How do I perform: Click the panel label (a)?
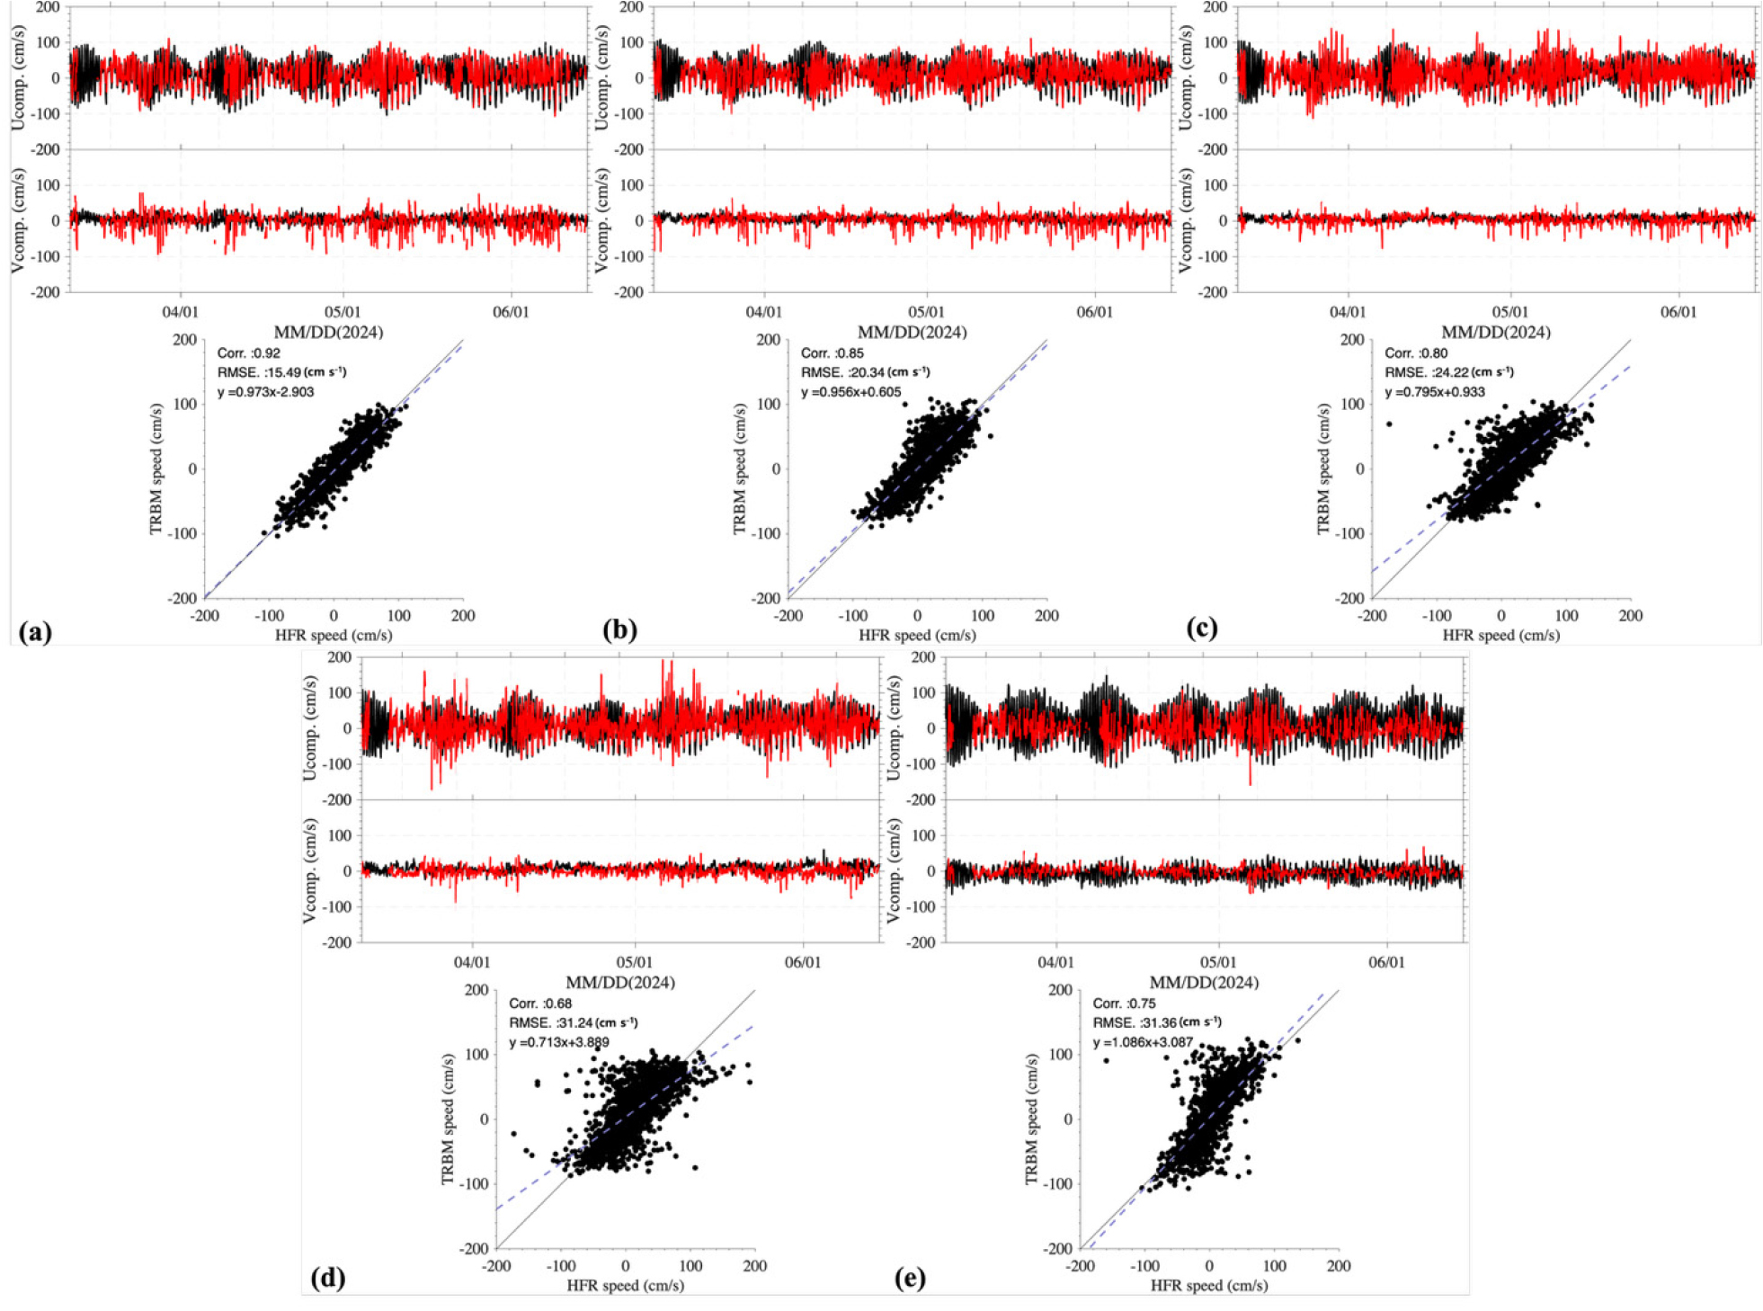[35, 632]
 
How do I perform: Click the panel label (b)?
[619, 630]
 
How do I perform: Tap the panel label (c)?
[1202, 628]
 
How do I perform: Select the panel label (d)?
[327, 1278]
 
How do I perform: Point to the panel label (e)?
[910, 1278]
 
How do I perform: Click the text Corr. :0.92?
[248, 353]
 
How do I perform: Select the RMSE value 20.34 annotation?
[865, 372]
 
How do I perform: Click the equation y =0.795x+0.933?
[1435, 392]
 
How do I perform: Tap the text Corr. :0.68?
[540, 1003]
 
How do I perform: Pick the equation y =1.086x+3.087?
[1143, 1042]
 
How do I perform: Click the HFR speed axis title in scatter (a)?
[334, 636]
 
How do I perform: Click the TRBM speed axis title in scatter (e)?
[1033, 1119]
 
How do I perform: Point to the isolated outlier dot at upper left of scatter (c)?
[1389, 424]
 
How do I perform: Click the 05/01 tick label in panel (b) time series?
[926, 312]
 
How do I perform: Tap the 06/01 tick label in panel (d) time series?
[803, 962]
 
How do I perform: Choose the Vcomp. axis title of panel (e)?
[895, 870]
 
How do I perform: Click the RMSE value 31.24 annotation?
[573, 1022]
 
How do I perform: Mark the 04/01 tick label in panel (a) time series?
[180, 312]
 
